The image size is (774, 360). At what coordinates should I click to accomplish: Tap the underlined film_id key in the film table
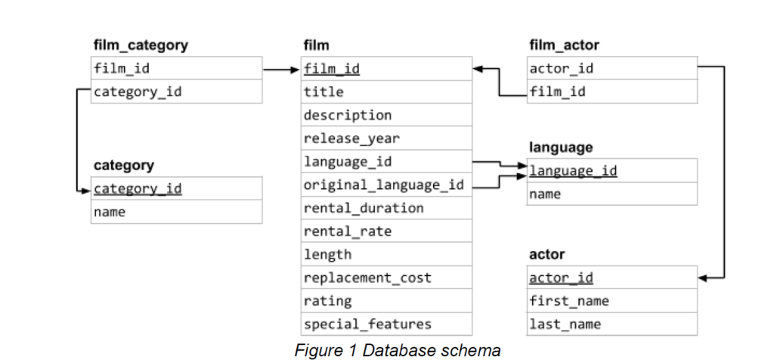pos(331,70)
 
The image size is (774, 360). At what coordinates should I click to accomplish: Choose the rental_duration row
pos(353,208)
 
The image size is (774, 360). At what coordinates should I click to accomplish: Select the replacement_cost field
pos(367,278)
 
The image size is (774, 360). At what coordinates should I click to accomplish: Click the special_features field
pos(367,324)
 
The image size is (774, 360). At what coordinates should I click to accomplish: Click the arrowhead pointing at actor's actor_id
pos(703,278)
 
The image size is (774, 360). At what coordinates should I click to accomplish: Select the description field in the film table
pos(347,116)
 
